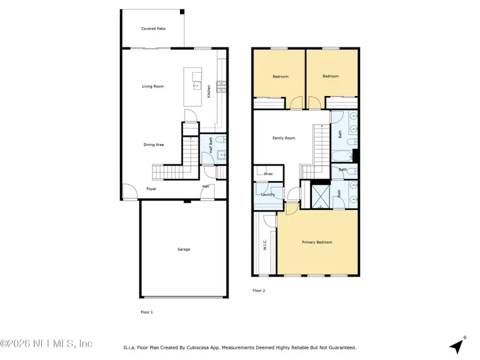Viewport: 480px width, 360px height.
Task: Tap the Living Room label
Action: coord(153,86)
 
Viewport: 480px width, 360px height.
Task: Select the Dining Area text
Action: coord(154,145)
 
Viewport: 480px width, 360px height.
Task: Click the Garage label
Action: coord(184,249)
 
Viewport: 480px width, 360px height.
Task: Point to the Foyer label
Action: coord(151,189)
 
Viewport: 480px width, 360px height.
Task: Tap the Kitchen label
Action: coord(209,91)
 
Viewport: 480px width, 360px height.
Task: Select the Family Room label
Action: coord(284,138)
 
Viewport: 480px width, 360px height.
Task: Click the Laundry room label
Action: coord(268,194)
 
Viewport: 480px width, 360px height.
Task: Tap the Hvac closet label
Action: coord(268,174)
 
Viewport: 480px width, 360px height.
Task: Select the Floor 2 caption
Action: coord(259,290)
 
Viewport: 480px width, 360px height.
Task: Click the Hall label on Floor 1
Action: coord(205,186)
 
